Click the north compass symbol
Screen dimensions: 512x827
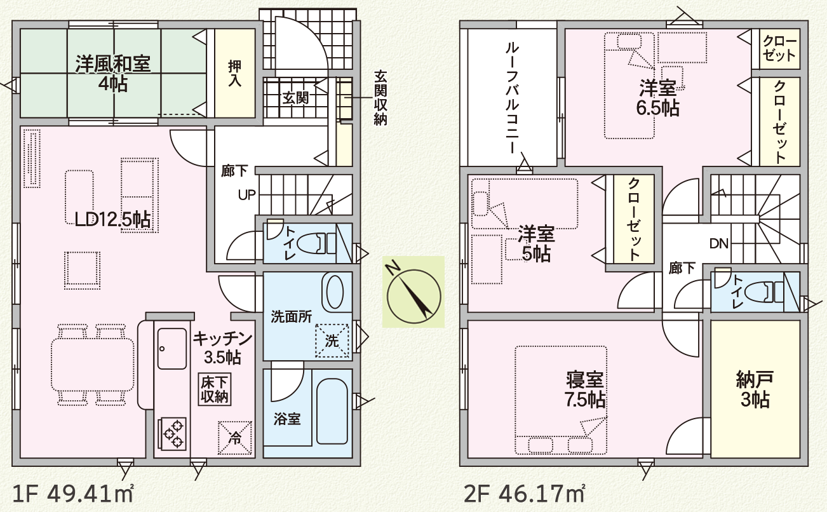click(413, 291)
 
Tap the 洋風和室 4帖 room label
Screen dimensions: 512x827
click(112, 73)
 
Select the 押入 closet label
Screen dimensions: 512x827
click(235, 75)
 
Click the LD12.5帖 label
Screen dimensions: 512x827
click(112, 220)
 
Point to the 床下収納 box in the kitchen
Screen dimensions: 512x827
click(216, 389)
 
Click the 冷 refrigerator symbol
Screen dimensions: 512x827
click(234, 437)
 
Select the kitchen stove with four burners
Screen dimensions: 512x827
click(171, 433)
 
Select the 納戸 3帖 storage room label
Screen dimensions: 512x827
click(755, 390)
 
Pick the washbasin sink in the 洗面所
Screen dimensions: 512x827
click(334, 292)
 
